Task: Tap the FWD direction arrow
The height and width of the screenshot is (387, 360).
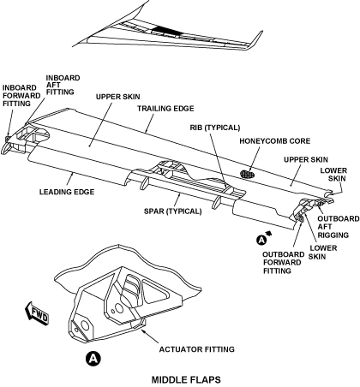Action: click(x=37, y=313)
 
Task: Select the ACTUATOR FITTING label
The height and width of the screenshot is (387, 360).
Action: click(x=197, y=349)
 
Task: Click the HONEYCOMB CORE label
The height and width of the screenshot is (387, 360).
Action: click(x=275, y=141)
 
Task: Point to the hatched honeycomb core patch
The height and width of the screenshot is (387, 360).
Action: click(x=248, y=175)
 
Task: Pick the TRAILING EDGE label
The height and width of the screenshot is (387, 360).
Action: click(x=165, y=109)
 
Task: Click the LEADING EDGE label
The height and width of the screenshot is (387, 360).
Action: click(x=67, y=192)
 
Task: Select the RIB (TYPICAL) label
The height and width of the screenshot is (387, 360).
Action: click(x=215, y=128)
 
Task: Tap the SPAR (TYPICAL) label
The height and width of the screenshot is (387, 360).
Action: click(x=173, y=211)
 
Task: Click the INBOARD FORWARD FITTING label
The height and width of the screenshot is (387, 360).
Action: click(x=21, y=96)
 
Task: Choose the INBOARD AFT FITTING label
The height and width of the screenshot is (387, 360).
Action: click(x=63, y=85)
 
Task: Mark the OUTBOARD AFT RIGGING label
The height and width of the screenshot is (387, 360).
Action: click(x=339, y=227)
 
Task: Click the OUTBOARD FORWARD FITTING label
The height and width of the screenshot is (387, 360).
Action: click(x=284, y=263)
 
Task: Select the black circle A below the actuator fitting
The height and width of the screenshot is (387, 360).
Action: click(x=93, y=358)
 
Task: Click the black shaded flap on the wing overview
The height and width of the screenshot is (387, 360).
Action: click(x=166, y=31)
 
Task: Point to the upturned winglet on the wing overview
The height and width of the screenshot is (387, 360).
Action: click(x=255, y=40)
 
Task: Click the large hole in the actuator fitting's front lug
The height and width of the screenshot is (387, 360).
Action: click(x=85, y=324)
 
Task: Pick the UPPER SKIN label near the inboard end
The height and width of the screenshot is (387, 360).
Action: click(x=118, y=97)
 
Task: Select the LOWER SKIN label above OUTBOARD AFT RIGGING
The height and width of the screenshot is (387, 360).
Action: click(x=333, y=175)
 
